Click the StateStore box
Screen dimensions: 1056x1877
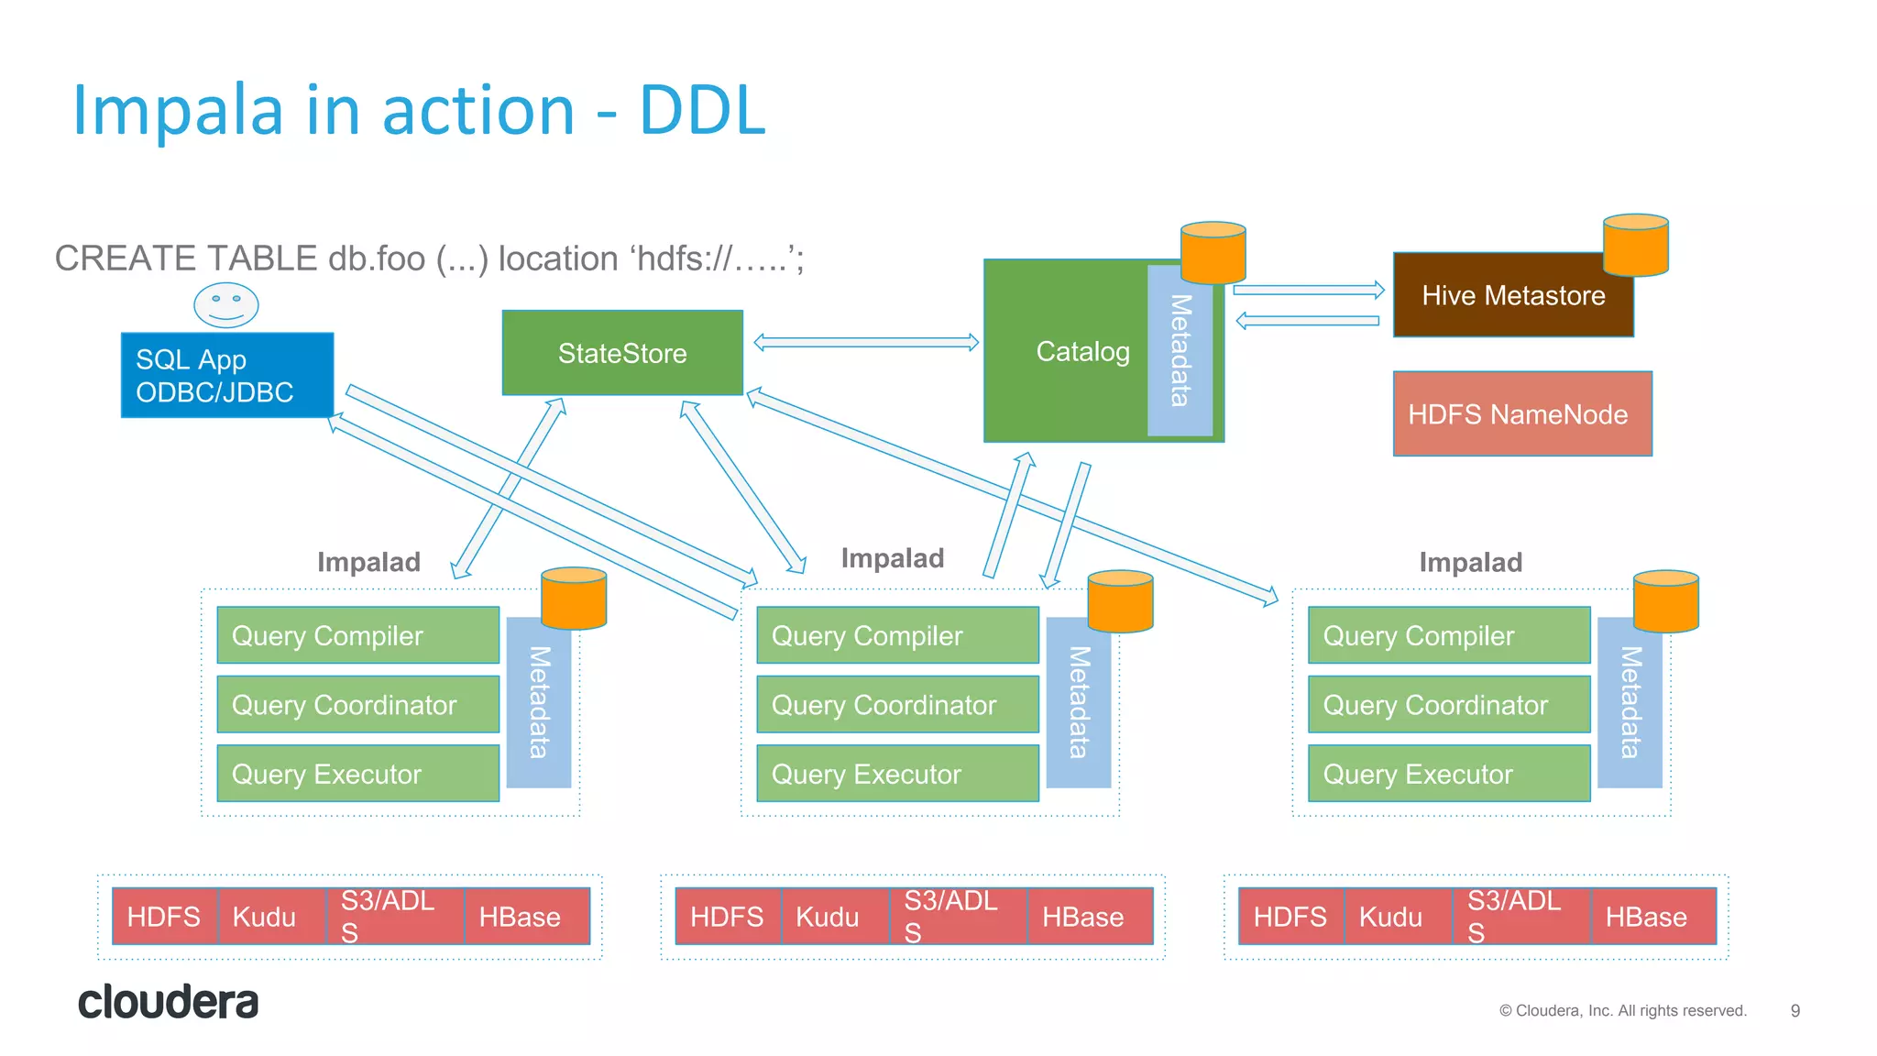click(622, 353)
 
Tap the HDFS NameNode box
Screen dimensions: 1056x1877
click(1521, 414)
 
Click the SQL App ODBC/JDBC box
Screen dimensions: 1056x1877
click(226, 376)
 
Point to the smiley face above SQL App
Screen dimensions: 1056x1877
click(225, 304)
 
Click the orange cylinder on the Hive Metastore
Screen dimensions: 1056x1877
click(1635, 245)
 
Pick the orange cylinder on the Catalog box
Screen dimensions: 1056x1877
click(1213, 252)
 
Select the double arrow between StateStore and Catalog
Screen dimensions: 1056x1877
click(865, 343)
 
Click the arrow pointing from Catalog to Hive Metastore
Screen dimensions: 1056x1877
click(1308, 290)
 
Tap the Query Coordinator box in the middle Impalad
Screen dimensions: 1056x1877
click(896, 705)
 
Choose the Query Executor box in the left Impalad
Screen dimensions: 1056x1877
click(357, 774)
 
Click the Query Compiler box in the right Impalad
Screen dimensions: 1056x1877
click(1448, 635)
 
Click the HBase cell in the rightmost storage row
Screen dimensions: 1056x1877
click(1652, 916)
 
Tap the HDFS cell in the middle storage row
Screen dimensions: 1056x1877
click(728, 916)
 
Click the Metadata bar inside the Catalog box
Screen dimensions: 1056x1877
click(1180, 351)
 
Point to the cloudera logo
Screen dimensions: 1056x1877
click(168, 1002)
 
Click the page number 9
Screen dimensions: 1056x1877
click(1795, 1010)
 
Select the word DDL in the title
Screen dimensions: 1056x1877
click(702, 111)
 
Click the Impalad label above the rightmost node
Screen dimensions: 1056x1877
click(1470, 562)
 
